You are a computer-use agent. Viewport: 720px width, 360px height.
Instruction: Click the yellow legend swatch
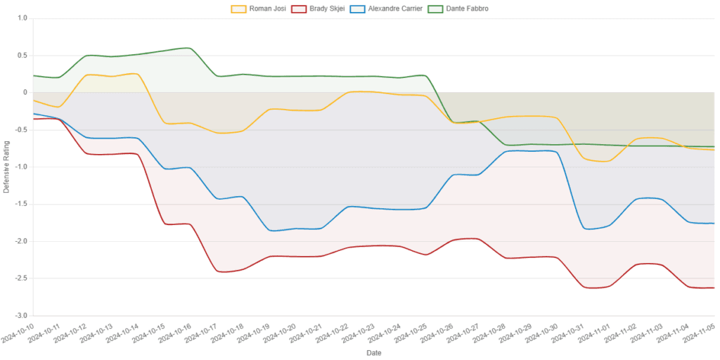pos(238,9)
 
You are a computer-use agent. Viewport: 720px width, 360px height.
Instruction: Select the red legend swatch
pos(300,9)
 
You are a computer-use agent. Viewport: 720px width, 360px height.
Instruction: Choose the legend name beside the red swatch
pos(328,9)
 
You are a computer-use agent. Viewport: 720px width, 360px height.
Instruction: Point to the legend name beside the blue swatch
pos(397,9)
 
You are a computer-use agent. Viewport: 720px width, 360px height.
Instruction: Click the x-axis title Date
pos(374,352)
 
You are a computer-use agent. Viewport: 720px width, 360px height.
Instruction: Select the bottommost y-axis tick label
pos(23,315)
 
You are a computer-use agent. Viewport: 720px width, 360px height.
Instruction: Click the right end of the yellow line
pos(714,150)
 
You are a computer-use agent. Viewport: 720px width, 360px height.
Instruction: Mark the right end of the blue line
pos(714,224)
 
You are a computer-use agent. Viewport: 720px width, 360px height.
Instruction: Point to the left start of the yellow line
pos(33,101)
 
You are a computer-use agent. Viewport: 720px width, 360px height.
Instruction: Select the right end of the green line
pos(714,146)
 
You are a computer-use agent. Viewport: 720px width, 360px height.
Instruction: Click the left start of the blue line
pos(33,113)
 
